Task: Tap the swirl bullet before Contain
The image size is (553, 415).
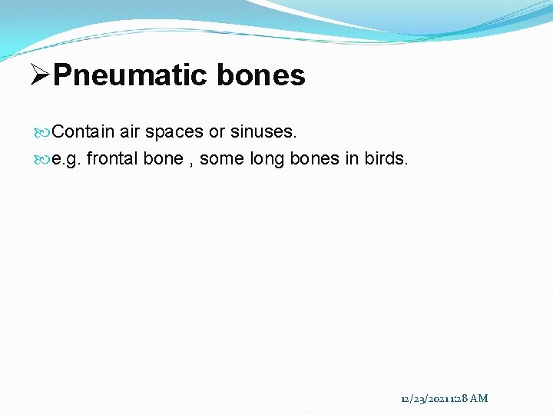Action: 45,132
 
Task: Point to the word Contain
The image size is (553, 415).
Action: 83,132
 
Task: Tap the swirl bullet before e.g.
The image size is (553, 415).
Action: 45,159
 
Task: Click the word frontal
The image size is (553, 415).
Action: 112,159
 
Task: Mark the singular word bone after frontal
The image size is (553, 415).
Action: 163,159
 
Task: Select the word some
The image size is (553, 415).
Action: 220,159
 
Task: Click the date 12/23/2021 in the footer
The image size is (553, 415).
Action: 426,398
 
